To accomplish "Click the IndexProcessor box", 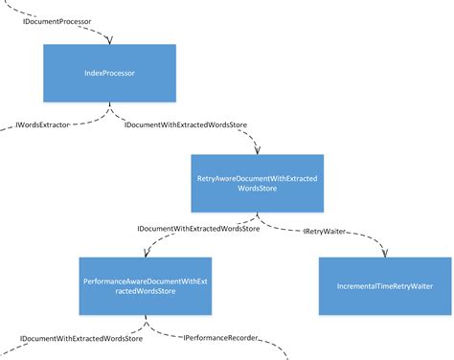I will tap(109, 73).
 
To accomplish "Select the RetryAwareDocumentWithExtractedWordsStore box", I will tap(257, 183).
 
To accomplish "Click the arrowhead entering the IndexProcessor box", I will tap(109, 41).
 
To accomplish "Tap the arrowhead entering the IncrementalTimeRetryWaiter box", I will tap(384, 253).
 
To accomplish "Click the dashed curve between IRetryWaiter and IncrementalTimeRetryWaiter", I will tap(369, 236).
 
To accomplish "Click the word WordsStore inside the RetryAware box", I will tap(257, 190).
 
